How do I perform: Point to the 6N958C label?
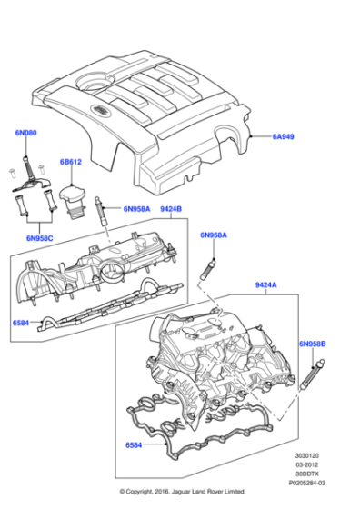(x=40, y=237)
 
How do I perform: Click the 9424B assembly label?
(x=172, y=208)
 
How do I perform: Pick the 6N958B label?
(x=313, y=344)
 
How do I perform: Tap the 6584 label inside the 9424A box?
(x=136, y=446)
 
